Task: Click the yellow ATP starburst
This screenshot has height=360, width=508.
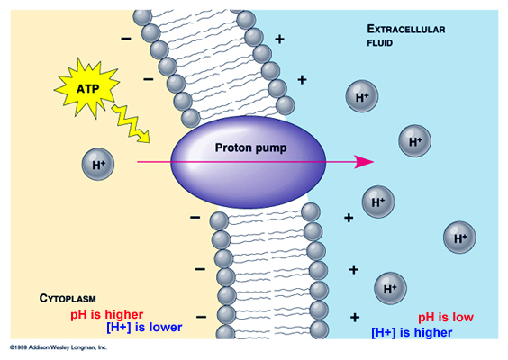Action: pyautogui.click(x=86, y=88)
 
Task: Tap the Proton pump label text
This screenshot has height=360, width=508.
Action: pyautogui.click(x=250, y=148)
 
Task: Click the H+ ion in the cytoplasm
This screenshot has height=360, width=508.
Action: pyautogui.click(x=98, y=164)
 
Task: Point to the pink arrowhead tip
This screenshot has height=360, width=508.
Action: pyautogui.click(x=374, y=161)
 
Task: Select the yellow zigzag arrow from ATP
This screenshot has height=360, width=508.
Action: pyautogui.click(x=132, y=123)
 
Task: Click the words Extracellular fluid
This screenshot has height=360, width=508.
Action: pyautogui.click(x=406, y=35)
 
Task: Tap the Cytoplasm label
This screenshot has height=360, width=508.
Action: pyautogui.click(x=68, y=298)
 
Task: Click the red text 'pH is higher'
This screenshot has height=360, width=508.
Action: pyautogui.click(x=107, y=314)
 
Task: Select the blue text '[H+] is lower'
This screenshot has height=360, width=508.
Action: pyautogui.click(x=144, y=327)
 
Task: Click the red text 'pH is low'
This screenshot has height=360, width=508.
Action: pyautogui.click(x=446, y=317)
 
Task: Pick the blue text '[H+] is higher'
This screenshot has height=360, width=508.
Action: pyautogui.click(x=412, y=332)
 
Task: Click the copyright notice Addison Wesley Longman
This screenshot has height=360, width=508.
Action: pyautogui.click(x=59, y=347)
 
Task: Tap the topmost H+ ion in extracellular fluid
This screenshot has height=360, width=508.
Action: pyautogui.click(x=362, y=96)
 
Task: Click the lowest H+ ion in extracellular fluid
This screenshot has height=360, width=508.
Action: pyautogui.click(x=390, y=288)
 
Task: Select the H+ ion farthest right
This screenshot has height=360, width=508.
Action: pyautogui.click(x=459, y=238)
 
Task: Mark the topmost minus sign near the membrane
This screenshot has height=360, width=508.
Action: pyautogui.click(x=126, y=39)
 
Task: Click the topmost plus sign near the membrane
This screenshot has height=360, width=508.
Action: pyautogui.click(x=279, y=40)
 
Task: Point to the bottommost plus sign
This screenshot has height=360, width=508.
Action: pyautogui.click(x=355, y=318)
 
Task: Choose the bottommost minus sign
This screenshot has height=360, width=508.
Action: pyautogui.click(x=201, y=317)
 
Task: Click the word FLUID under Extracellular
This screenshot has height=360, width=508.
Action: pyautogui.click(x=380, y=43)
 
